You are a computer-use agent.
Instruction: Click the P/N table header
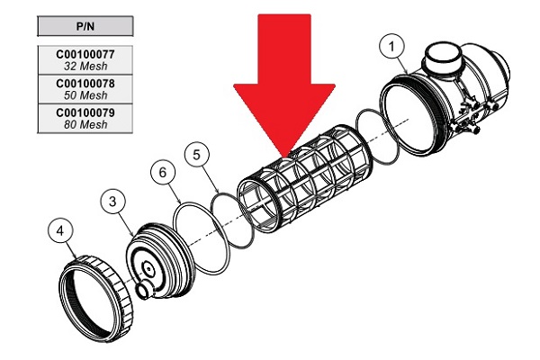(85, 25)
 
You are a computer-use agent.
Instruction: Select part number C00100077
(85, 53)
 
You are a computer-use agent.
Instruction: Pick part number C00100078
(85, 83)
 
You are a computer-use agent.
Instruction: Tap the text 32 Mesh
(85, 65)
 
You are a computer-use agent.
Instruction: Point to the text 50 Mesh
(85, 94)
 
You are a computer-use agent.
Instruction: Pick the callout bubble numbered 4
(60, 231)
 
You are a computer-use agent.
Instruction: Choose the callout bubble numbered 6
(162, 170)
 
